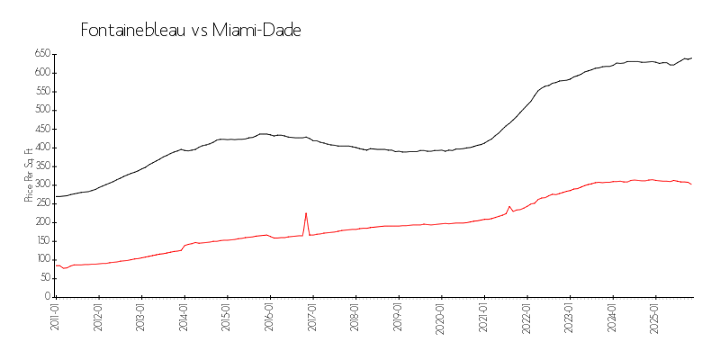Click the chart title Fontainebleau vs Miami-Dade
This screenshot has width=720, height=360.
(x=191, y=31)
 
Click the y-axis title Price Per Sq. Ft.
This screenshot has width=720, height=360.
(x=30, y=175)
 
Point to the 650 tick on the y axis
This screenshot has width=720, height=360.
(x=41, y=54)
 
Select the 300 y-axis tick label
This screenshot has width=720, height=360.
(x=41, y=184)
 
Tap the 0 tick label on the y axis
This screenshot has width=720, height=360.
(x=47, y=296)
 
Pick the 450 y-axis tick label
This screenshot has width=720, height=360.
(x=41, y=129)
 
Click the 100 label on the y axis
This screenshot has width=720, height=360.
(x=41, y=259)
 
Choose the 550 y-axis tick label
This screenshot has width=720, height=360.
(x=41, y=91)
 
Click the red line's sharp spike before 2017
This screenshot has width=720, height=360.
(x=306, y=213)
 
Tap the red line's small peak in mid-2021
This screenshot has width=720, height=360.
(x=509, y=206)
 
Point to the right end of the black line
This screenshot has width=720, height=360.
(x=691, y=58)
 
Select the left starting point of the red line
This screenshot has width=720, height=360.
(x=56, y=265)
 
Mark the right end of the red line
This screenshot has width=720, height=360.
(x=691, y=184)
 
